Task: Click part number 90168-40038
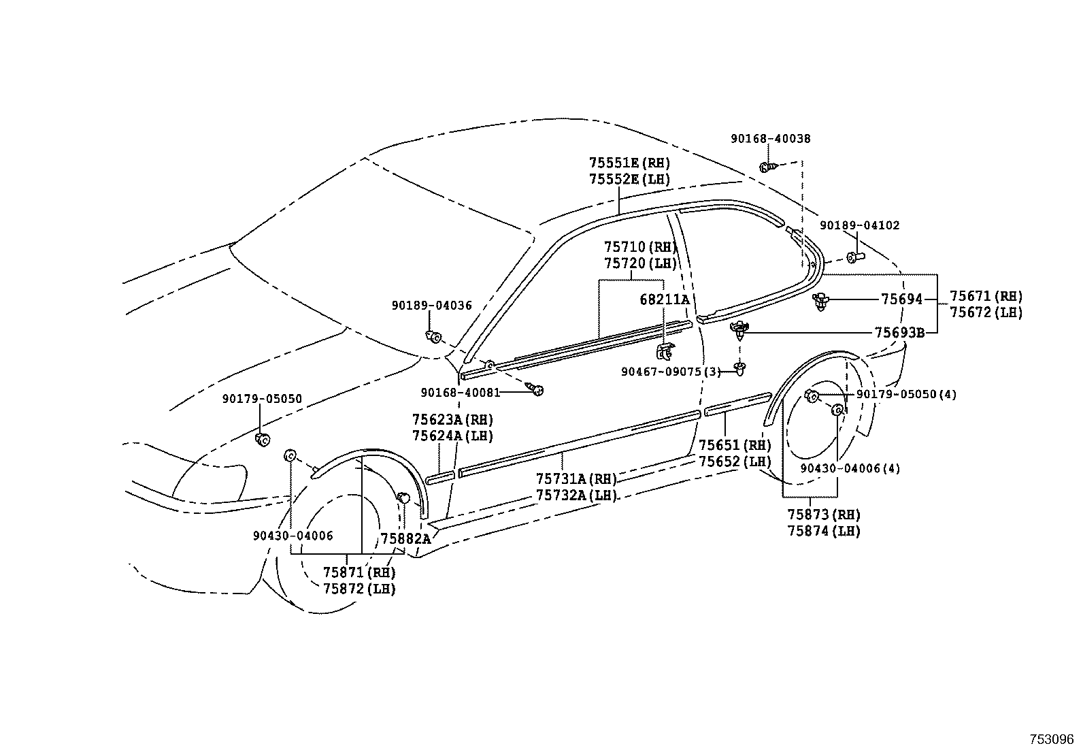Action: point(770,139)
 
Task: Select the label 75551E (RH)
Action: point(629,163)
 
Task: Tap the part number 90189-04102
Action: point(859,225)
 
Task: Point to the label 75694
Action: point(901,299)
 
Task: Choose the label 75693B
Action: point(899,332)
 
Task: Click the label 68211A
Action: point(664,299)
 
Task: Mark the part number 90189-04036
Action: point(431,306)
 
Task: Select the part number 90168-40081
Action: point(460,392)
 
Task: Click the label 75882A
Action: point(405,538)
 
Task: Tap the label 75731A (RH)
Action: point(576,479)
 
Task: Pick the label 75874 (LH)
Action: point(824,531)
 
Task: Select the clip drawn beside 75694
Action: point(822,302)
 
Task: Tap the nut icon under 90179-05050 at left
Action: point(261,440)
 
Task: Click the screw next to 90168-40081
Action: point(537,389)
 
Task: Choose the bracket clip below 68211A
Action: point(664,351)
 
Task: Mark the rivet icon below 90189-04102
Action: point(855,257)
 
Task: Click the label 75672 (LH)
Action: point(986,312)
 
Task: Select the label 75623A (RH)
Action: point(452,419)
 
